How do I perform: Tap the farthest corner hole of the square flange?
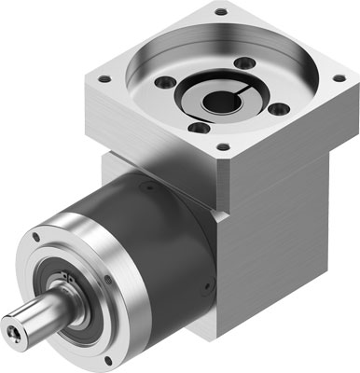click(220, 12)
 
